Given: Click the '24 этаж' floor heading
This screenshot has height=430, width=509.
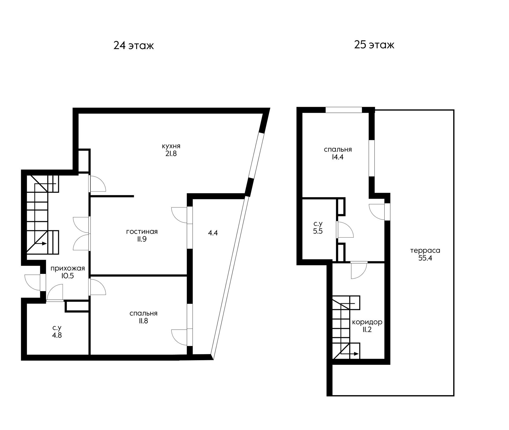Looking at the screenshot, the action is point(134,45).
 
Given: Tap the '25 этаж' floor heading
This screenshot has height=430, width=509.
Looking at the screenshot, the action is point(374,45).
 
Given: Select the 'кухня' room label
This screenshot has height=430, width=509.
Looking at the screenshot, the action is point(171,146).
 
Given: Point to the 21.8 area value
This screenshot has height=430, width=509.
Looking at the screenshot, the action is point(171,154).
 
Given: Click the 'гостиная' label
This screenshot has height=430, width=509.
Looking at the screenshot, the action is point(142,232).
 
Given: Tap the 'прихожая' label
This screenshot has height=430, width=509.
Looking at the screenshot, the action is point(68,268).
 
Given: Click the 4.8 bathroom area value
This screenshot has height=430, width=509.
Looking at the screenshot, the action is point(57,335).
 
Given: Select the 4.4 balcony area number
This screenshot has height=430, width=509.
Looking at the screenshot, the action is point(213,233).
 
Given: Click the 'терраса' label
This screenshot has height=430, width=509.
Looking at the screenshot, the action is point(425,250).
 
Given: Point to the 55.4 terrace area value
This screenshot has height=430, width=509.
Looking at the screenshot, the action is point(425,258).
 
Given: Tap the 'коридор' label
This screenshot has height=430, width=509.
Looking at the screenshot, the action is point(367,322).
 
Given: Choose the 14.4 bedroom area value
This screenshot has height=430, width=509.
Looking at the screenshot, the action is point(338,157).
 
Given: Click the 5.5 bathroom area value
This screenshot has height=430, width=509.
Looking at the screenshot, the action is point(318,231).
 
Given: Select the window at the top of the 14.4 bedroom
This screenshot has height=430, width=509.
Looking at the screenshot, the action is point(344,110).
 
